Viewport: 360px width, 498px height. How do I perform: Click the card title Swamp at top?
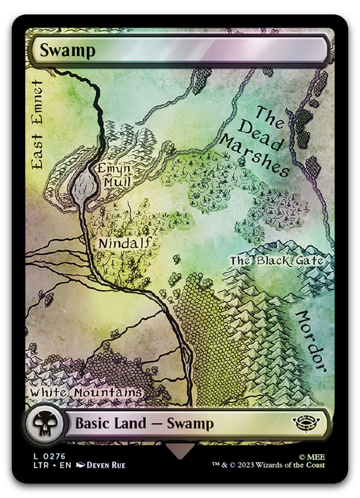pos(67,50)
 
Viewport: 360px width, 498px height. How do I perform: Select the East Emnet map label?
pos(36,126)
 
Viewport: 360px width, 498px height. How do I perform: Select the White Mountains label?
pos(86,393)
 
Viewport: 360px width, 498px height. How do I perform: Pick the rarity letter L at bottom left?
pos(30,456)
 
